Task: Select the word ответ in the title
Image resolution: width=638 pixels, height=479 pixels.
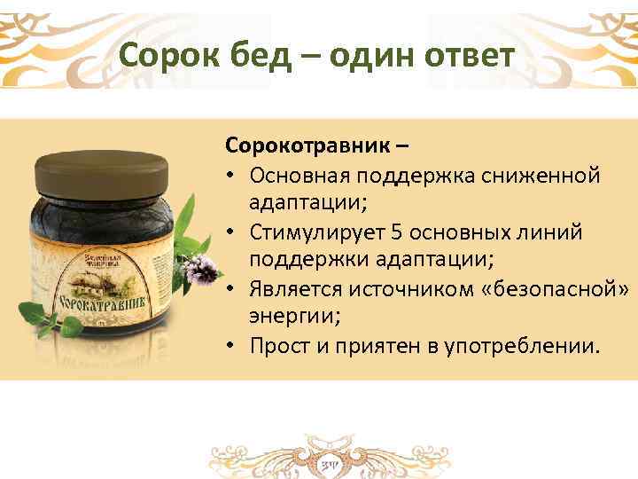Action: coord(463,57)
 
